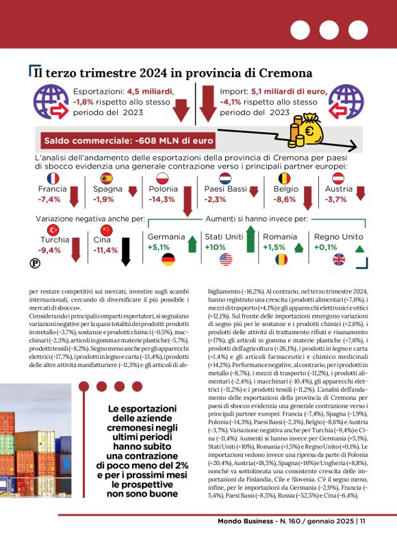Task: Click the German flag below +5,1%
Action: click(x=168, y=260)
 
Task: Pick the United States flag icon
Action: click(x=226, y=260)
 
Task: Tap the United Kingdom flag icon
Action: click(x=340, y=260)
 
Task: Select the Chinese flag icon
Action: click(x=105, y=229)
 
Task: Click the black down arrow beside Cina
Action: click(x=125, y=251)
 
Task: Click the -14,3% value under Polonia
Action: click(x=162, y=200)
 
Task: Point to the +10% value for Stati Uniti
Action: click(x=216, y=247)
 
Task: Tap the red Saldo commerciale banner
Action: click(x=128, y=142)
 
